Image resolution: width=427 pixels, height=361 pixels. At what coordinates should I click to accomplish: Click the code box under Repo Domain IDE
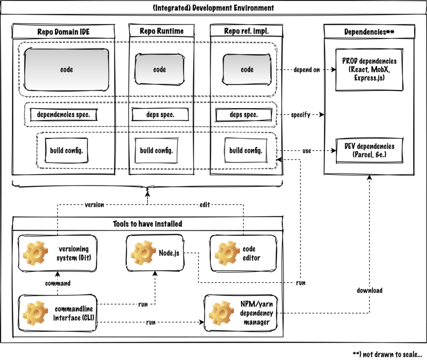tap(66, 69)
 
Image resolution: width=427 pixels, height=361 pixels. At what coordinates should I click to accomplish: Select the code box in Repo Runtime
tap(159, 69)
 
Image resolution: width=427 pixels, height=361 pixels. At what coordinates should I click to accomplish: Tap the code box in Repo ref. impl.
tap(247, 69)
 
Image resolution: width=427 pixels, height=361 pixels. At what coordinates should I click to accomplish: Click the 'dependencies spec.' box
tap(67, 114)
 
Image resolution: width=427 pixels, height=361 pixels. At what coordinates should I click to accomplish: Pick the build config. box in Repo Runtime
tap(156, 150)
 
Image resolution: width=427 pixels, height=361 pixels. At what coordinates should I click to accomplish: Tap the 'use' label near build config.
tap(307, 151)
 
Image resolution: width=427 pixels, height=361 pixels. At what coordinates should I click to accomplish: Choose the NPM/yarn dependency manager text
tap(256, 313)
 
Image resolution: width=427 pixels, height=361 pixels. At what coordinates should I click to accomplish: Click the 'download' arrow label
tap(370, 290)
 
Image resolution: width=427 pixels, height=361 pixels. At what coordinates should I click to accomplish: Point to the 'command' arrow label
tap(57, 283)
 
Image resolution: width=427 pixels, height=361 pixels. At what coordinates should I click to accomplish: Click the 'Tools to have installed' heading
tap(147, 223)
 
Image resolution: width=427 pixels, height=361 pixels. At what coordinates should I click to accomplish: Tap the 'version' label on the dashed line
tap(94, 205)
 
